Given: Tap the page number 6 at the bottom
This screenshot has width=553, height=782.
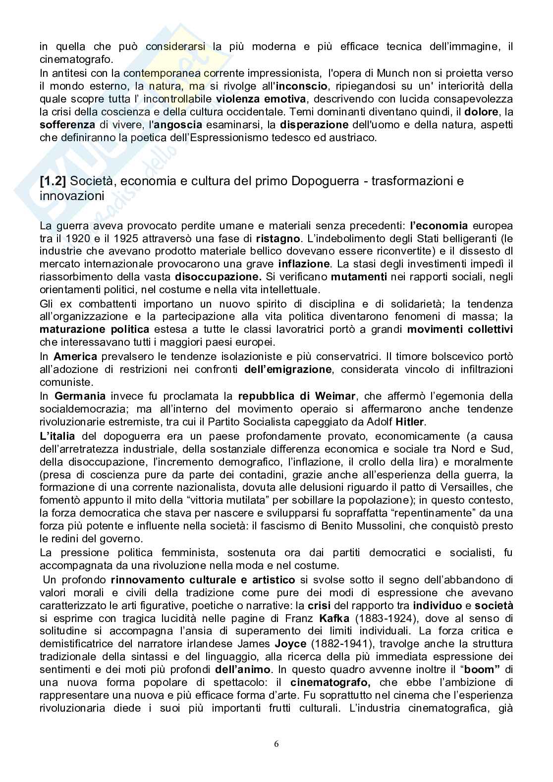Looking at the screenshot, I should pyautogui.click(x=276, y=744).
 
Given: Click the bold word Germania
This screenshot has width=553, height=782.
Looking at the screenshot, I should pyautogui.click(x=80, y=396).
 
